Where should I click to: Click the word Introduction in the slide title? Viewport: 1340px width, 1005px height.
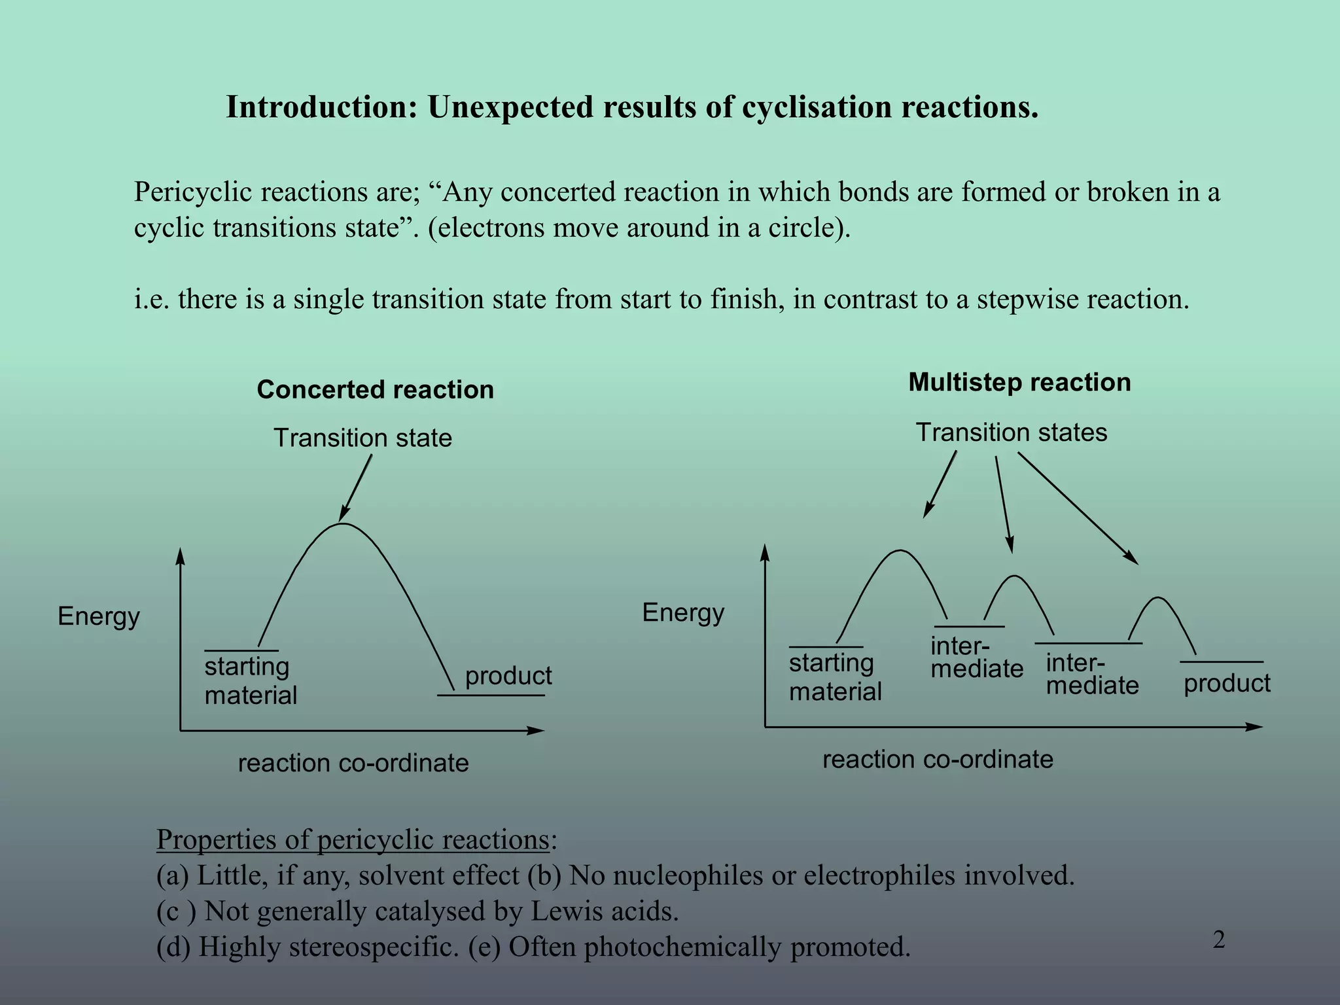(x=321, y=107)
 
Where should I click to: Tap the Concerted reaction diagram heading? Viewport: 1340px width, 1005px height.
(x=375, y=390)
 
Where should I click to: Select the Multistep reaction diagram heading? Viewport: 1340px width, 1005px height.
(x=1019, y=383)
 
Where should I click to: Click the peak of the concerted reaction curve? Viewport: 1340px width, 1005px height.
(x=342, y=524)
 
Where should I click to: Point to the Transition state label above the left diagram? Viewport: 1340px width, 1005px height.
(x=362, y=438)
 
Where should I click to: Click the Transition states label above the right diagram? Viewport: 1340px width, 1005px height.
(x=1011, y=432)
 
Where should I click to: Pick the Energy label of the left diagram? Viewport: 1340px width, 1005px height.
(x=99, y=616)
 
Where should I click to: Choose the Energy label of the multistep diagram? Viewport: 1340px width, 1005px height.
(x=683, y=612)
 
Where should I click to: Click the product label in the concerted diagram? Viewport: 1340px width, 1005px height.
(x=508, y=676)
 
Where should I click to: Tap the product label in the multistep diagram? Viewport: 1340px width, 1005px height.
(x=1227, y=683)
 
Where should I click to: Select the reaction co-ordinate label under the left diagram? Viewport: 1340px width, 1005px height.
(x=353, y=763)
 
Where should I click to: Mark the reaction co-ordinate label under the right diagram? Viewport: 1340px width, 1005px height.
(x=938, y=759)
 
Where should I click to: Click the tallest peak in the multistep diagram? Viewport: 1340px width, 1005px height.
(x=900, y=551)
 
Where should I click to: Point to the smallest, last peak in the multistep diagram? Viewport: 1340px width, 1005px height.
(x=1158, y=598)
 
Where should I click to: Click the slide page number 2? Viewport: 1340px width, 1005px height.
(x=1219, y=940)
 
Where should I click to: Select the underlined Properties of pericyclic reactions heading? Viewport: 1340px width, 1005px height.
(x=353, y=839)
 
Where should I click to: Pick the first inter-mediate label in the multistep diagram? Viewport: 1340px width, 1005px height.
(x=976, y=658)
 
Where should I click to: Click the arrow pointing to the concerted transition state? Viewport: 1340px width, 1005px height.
(x=356, y=488)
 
